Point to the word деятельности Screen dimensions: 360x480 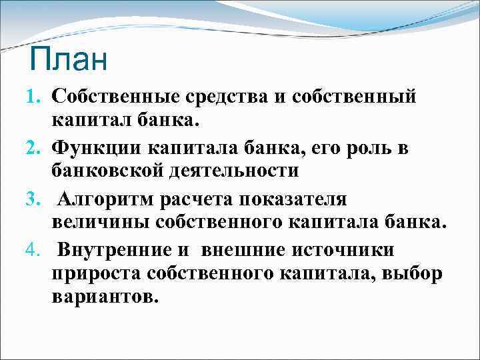pyautogui.click(x=236, y=171)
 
